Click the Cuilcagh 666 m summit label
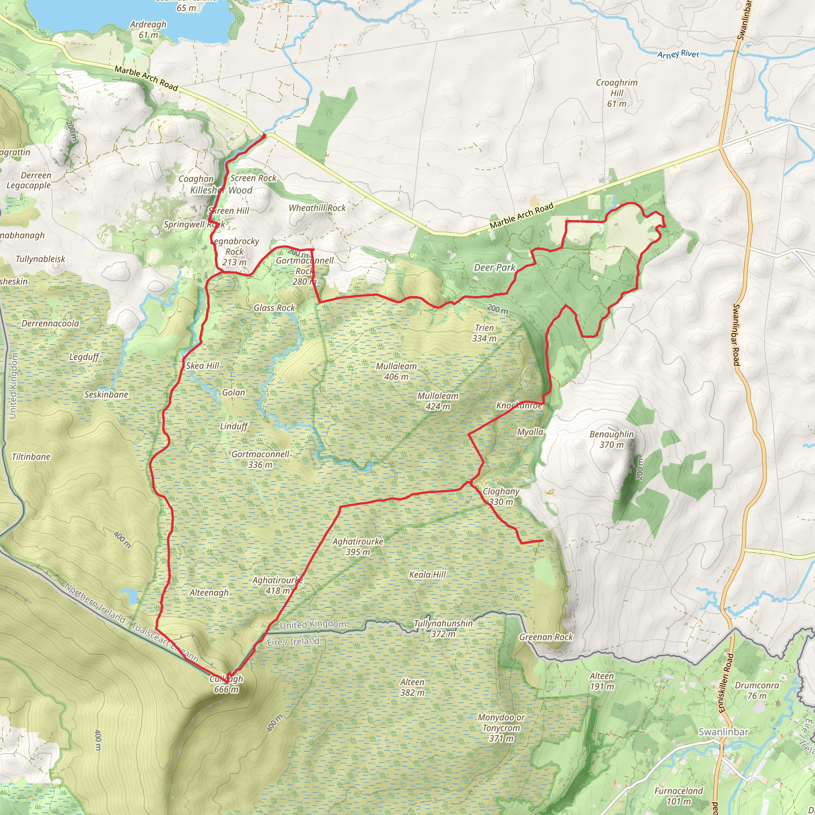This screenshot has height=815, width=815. click(x=226, y=684)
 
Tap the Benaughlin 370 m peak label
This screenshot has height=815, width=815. click(x=611, y=439)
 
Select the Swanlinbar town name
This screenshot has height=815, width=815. click(x=723, y=731)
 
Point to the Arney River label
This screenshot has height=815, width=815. click(x=678, y=54)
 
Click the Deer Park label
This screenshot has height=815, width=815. click(x=494, y=267)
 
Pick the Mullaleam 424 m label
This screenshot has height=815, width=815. click(x=437, y=401)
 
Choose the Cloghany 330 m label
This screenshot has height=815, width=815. click(x=501, y=496)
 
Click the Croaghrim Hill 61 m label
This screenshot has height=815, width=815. click(x=616, y=93)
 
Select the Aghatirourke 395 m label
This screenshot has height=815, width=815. click(x=358, y=546)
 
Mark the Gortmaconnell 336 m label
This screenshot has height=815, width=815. click(x=260, y=459)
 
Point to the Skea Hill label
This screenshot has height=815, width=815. click(x=203, y=366)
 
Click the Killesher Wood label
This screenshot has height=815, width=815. click(x=221, y=190)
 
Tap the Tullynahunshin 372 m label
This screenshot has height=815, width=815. click(x=443, y=628)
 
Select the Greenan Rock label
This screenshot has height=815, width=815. click(x=546, y=637)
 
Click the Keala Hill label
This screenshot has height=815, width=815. click(x=427, y=575)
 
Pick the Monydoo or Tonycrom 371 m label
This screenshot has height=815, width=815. click(x=501, y=728)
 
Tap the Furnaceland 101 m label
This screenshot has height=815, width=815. click(x=679, y=796)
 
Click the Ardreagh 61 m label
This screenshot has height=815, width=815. click(x=148, y=29)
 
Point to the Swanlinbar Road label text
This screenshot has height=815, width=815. click(x=736, y=335)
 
